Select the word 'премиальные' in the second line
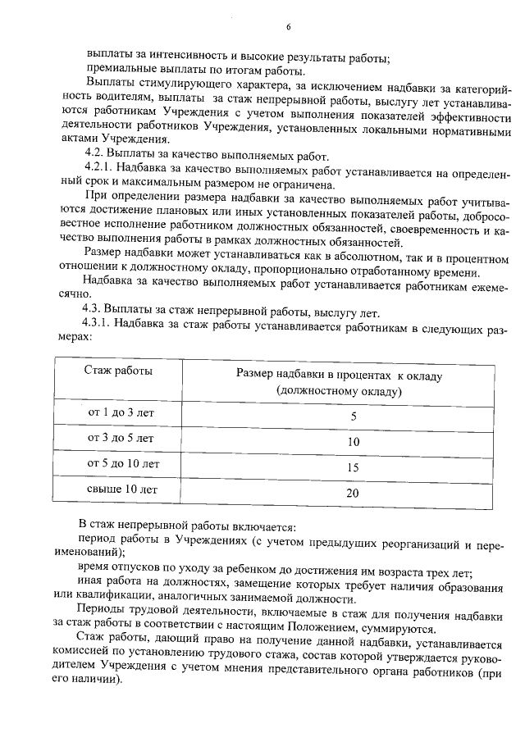point(116,71)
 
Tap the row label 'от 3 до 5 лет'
point(121,438)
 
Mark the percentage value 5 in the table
point(354,417)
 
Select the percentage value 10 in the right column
point(354,442)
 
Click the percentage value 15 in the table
point(354,467)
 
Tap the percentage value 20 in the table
point(354,493)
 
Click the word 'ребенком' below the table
point(267,572)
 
